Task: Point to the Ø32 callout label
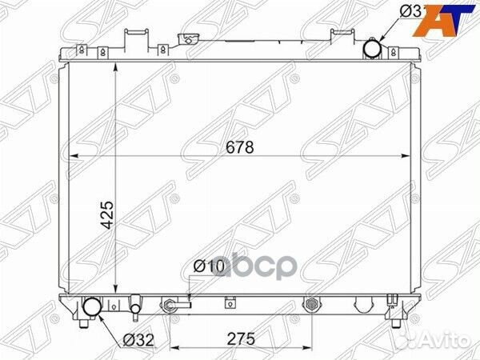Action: click(x=138, y=338)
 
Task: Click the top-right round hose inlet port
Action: click(x=374, y=50)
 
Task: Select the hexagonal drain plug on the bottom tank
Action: click(x=312, y=305)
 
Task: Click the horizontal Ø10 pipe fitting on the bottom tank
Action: click(x=177, y=305)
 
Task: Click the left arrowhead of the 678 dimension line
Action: click(x=72, y=156)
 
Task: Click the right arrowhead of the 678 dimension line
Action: click(x=412, y=156)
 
